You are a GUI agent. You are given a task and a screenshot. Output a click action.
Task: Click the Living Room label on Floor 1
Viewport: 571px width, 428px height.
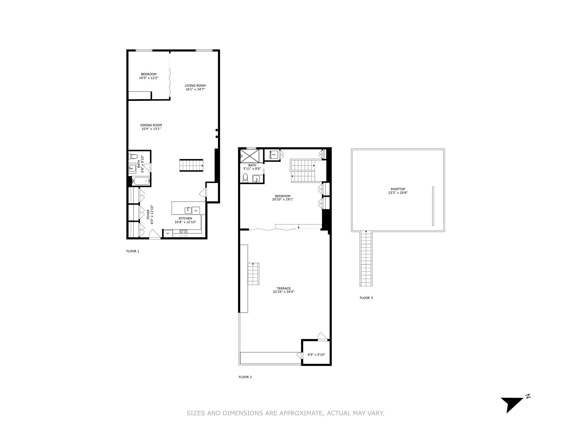[x=195, y=86]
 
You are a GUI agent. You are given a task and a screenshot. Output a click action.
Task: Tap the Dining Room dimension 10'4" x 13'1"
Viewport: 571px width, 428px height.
[x=151, y=129]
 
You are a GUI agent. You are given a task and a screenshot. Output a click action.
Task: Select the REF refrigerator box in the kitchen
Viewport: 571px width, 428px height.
[x=168, y=234]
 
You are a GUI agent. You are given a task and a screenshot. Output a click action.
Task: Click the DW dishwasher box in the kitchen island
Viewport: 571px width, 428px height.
[x=196, y=211]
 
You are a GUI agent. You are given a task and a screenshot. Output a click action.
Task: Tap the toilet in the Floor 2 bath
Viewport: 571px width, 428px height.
[x=245, y=178]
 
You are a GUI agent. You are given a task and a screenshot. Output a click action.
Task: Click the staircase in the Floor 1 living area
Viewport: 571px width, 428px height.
[x=191, y=165]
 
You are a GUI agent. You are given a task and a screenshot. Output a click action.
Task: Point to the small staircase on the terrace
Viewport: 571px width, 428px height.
[x=254, y=273]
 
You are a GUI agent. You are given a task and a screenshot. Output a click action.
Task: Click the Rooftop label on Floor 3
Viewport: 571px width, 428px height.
[x=398, y=189]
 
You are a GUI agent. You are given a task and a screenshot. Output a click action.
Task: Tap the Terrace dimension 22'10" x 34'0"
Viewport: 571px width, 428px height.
[x=283, y=292]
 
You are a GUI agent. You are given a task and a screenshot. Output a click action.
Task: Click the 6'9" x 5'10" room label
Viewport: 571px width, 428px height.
[x=316, y=355]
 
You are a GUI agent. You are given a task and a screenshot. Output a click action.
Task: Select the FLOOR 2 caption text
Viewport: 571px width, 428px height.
[x=245, y=377]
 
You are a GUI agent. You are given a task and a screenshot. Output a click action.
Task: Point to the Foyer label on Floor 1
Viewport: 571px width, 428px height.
[x=148, y=214]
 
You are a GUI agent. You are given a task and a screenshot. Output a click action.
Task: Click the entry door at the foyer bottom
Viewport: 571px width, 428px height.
[x=154, y=235]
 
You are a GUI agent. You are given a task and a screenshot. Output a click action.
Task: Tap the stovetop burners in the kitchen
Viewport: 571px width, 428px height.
[x=183, y=233]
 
